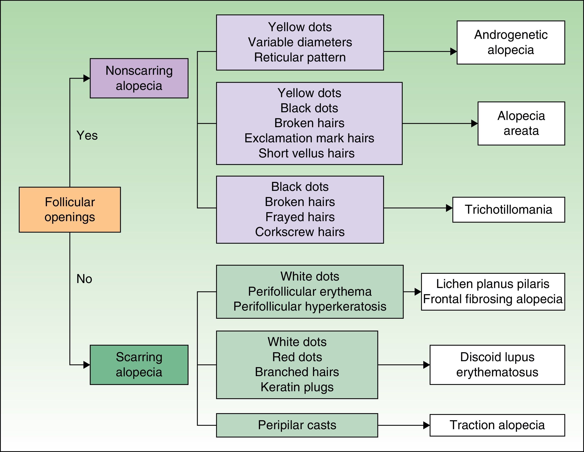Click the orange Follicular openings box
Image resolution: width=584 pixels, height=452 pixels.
(x=70, y=210)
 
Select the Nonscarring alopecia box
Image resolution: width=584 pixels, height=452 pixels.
(x=139, y=78)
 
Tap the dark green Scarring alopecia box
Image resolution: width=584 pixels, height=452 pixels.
(x=139, y=365)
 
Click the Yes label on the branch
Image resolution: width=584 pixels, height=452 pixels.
(x=87, y=135)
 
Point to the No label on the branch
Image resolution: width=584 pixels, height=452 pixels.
(x=84, y=279)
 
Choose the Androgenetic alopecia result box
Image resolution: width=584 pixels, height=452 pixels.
(x=510, y=42)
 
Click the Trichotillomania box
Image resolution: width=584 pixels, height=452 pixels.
(x=508, y=210)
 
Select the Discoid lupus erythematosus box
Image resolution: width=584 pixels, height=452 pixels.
(x=497, y=365)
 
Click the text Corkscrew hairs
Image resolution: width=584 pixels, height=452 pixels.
(x=300, y=232)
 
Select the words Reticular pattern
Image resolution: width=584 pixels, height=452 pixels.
(x=300, y=58)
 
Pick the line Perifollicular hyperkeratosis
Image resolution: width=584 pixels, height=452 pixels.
(x=310, y=307)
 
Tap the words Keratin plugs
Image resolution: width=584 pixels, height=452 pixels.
(x=297, y=387)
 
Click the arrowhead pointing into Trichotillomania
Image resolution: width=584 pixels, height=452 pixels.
(x=449, y=208)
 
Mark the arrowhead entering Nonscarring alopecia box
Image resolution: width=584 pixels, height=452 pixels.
(x=87, y=78)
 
